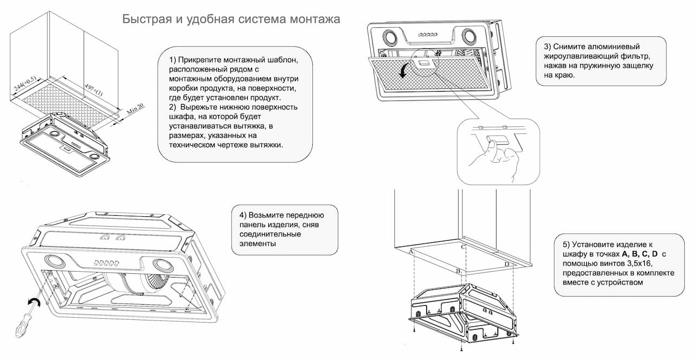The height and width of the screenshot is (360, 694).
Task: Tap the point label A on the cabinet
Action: [412, 252]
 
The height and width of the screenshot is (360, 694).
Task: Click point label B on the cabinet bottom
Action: [458, 270]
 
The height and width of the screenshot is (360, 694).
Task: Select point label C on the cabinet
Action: [463, 247]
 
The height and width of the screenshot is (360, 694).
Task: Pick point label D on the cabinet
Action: [507, 264]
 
